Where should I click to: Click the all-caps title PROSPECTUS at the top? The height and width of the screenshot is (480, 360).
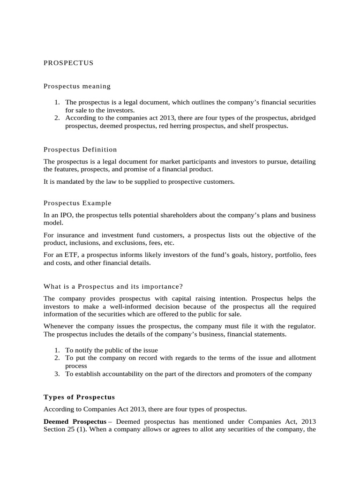tap(68, 62)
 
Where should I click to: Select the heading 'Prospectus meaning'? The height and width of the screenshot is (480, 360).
tap(77, 86)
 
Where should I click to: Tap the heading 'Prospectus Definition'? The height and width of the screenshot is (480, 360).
tap(80, 150)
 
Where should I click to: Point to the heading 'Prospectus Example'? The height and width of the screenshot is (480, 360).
tap(77, 203)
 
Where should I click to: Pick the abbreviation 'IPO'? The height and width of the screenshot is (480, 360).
tap(64, 215)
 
